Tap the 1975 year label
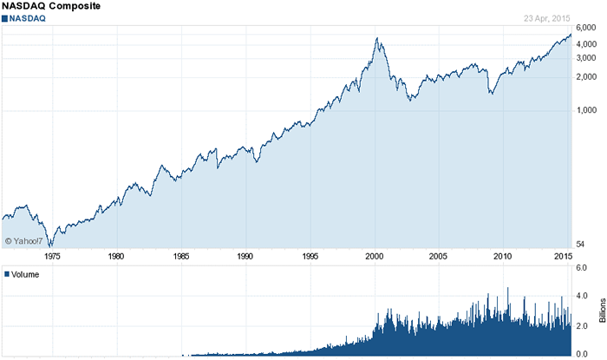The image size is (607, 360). pyautogui.click(x=52, y=257)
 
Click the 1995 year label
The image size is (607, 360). pyautogui.click(x=310, y=257)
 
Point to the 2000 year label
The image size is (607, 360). pyautogui.click(x=374, y=257)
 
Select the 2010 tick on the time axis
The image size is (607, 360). pyautogui.click(x=503, y=257)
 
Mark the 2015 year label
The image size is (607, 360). pyautogui.click(x=561, y=257)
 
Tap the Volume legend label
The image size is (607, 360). pyautogui.click(x=25, y=274)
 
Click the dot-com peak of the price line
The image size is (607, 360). pyautogui.click(x=377, y=38)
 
